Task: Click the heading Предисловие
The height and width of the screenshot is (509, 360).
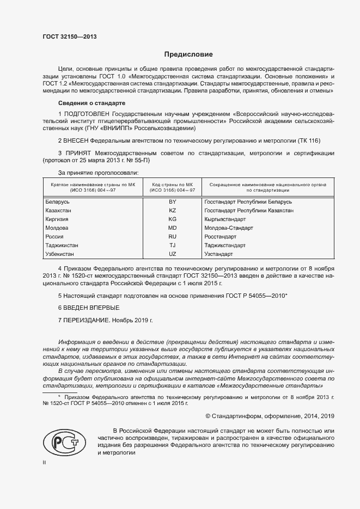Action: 188,54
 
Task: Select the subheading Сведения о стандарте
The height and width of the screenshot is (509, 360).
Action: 91,103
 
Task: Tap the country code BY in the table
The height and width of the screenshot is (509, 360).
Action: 173,201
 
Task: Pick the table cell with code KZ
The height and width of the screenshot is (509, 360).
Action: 173,210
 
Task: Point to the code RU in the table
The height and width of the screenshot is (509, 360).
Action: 173,237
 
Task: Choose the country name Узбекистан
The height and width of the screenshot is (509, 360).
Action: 62,254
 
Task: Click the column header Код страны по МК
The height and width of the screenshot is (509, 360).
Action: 173,185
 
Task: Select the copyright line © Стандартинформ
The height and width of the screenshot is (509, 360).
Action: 265,416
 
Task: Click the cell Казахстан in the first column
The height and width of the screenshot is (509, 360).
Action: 60,210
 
